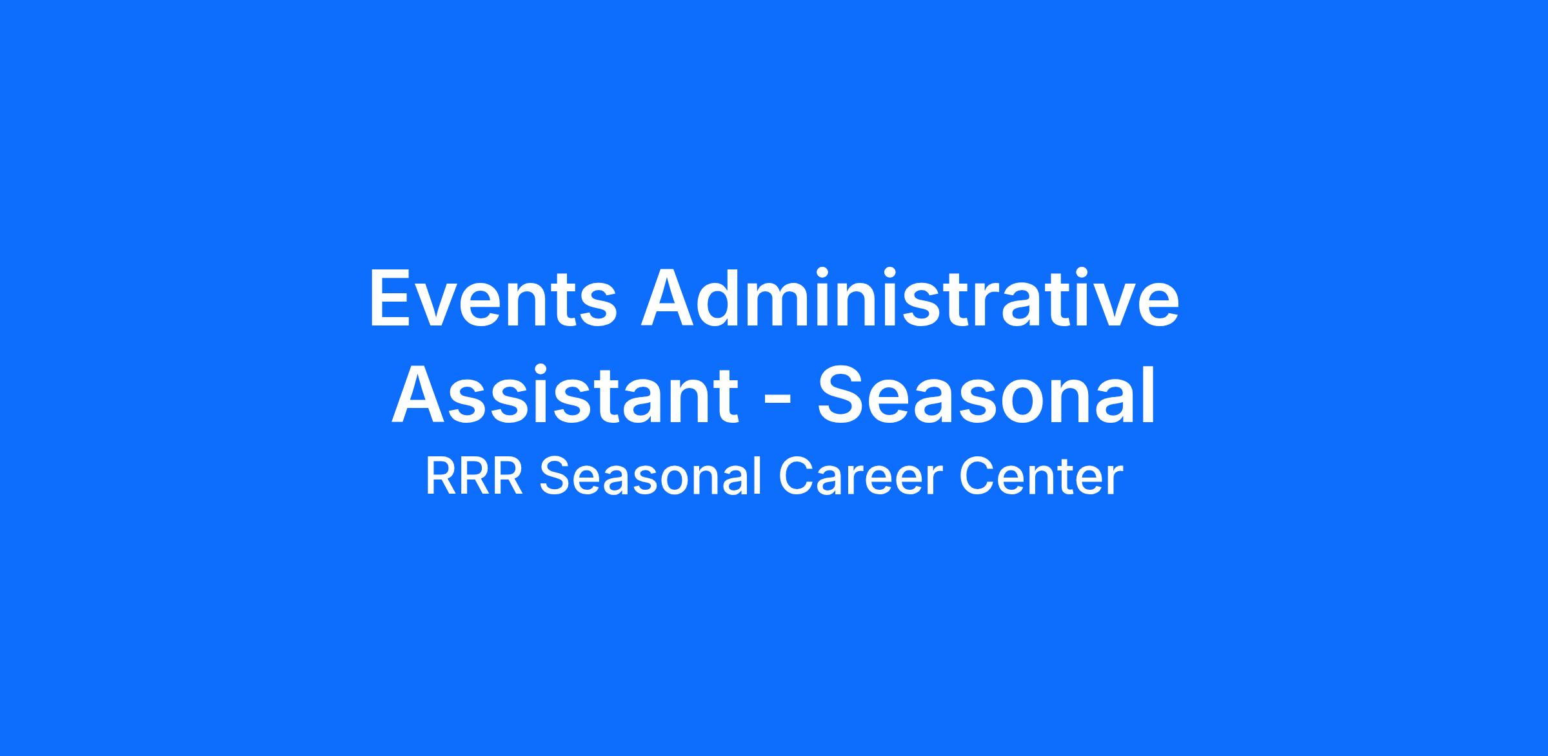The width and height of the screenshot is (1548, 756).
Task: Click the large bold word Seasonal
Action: coord(987,394)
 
